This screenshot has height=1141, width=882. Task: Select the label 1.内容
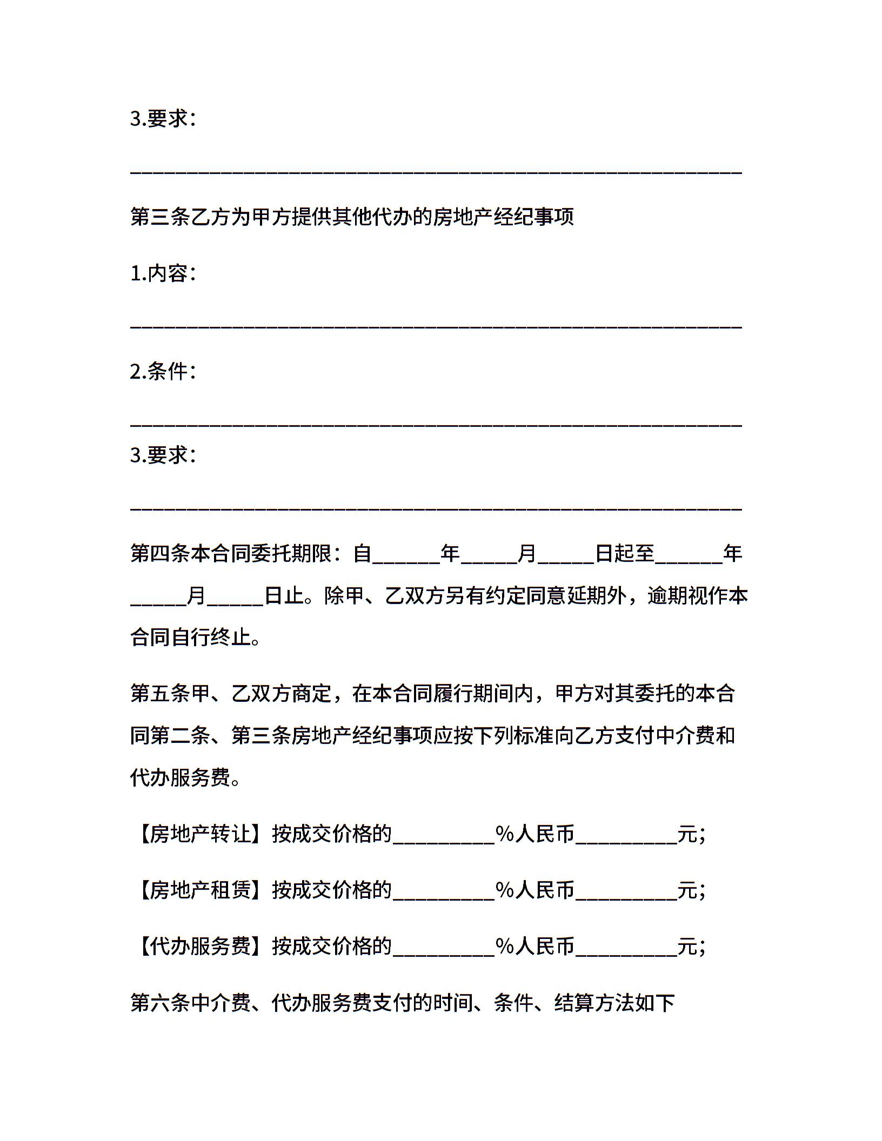tap(162, 273)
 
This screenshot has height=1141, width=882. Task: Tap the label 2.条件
tap(162, 371)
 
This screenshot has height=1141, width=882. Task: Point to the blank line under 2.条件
tap(436, 425)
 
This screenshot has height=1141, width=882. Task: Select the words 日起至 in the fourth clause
tap(625, 553)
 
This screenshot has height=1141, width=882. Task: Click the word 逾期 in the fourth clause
tap(667, 596)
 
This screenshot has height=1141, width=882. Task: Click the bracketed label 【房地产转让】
tap(201, 835)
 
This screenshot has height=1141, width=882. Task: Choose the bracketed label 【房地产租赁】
tap(201, 890)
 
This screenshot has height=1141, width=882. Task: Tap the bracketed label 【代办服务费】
tap(201, 945)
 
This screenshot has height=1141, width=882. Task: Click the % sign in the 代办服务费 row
tap(504, 946)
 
